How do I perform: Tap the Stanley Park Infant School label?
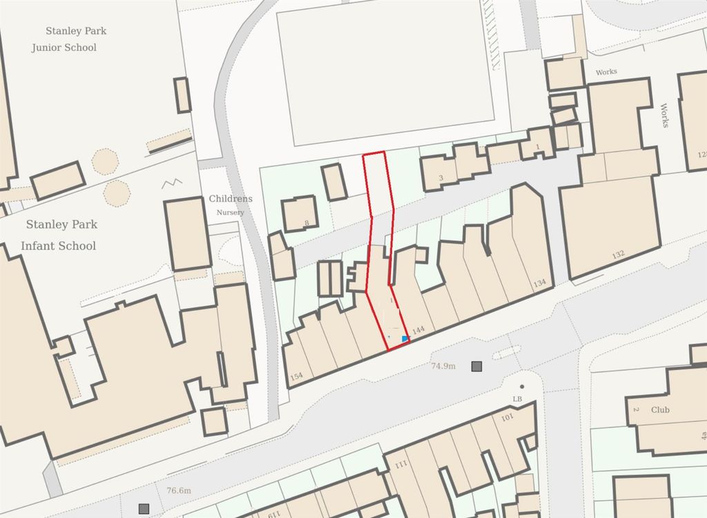61,235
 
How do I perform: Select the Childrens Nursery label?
231,204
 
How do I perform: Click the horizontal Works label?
606,72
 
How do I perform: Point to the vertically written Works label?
664,115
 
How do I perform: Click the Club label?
660,410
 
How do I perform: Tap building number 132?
617,255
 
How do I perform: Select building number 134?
539,283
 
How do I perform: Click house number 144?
418,332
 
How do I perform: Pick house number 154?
297,376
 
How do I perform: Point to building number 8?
306,222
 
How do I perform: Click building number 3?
441,178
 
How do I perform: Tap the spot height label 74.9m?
443,366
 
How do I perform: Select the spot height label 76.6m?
178,491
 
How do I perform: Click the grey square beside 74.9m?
476,366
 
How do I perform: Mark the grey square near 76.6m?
144,509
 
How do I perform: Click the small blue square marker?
405,338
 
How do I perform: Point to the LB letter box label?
516,399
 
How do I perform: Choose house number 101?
507,418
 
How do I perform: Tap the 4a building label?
704,435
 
